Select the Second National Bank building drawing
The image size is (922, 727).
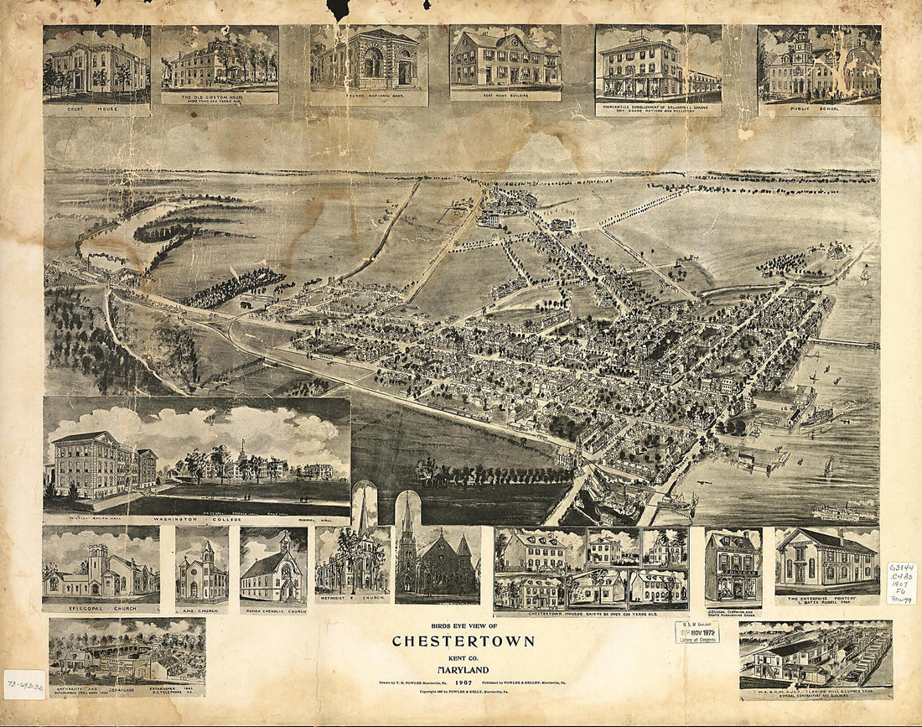tap(369, 60)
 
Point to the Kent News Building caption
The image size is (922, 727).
tap(505, 94)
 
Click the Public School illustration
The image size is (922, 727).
tap(819, 63)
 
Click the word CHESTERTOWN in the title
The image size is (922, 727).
tap(463, 641)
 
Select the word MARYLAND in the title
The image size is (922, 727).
tap(463, 669)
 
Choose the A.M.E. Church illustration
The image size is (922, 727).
tap(202, 570)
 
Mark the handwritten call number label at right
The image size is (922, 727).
tap(902, 583)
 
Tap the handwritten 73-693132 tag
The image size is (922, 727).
tap(23, 685)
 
